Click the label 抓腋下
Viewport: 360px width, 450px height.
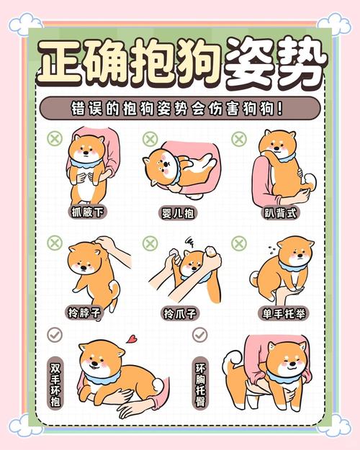point(88,213)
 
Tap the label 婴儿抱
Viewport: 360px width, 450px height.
point(179,214)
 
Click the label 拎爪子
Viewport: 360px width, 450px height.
point(179,314)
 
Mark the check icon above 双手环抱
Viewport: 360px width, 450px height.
point(55,335)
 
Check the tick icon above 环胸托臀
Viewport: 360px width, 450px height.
point(199,335)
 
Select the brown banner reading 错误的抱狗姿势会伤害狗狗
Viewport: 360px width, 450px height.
point(180,109)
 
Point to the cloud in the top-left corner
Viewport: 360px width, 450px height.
point(26,24)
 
